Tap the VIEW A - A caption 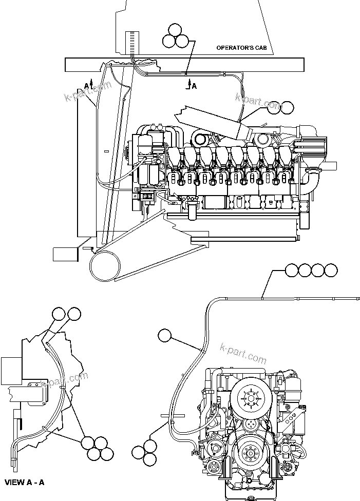[25, 483]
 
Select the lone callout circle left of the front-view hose [165, 335]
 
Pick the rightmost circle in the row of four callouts [331, 269]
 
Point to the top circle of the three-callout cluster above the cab [176, 30]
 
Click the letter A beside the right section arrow [194, 86]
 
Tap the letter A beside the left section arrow [86, 85]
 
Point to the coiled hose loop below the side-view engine [105, 265]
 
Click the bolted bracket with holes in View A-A [35, 392]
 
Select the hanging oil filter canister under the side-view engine [192, 210]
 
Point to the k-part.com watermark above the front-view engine [243, 353]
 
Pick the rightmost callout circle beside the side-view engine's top [287, 107]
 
